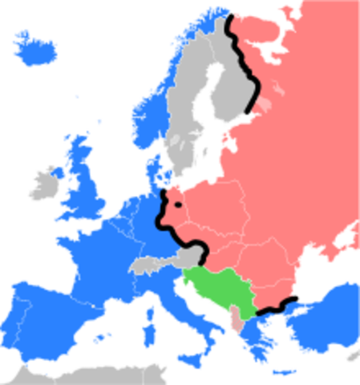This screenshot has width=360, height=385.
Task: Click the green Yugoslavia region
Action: [x=216, y=289]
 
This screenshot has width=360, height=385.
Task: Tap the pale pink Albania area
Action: [x=234, y=318]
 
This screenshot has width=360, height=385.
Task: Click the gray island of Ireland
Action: [x=45, y=184]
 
